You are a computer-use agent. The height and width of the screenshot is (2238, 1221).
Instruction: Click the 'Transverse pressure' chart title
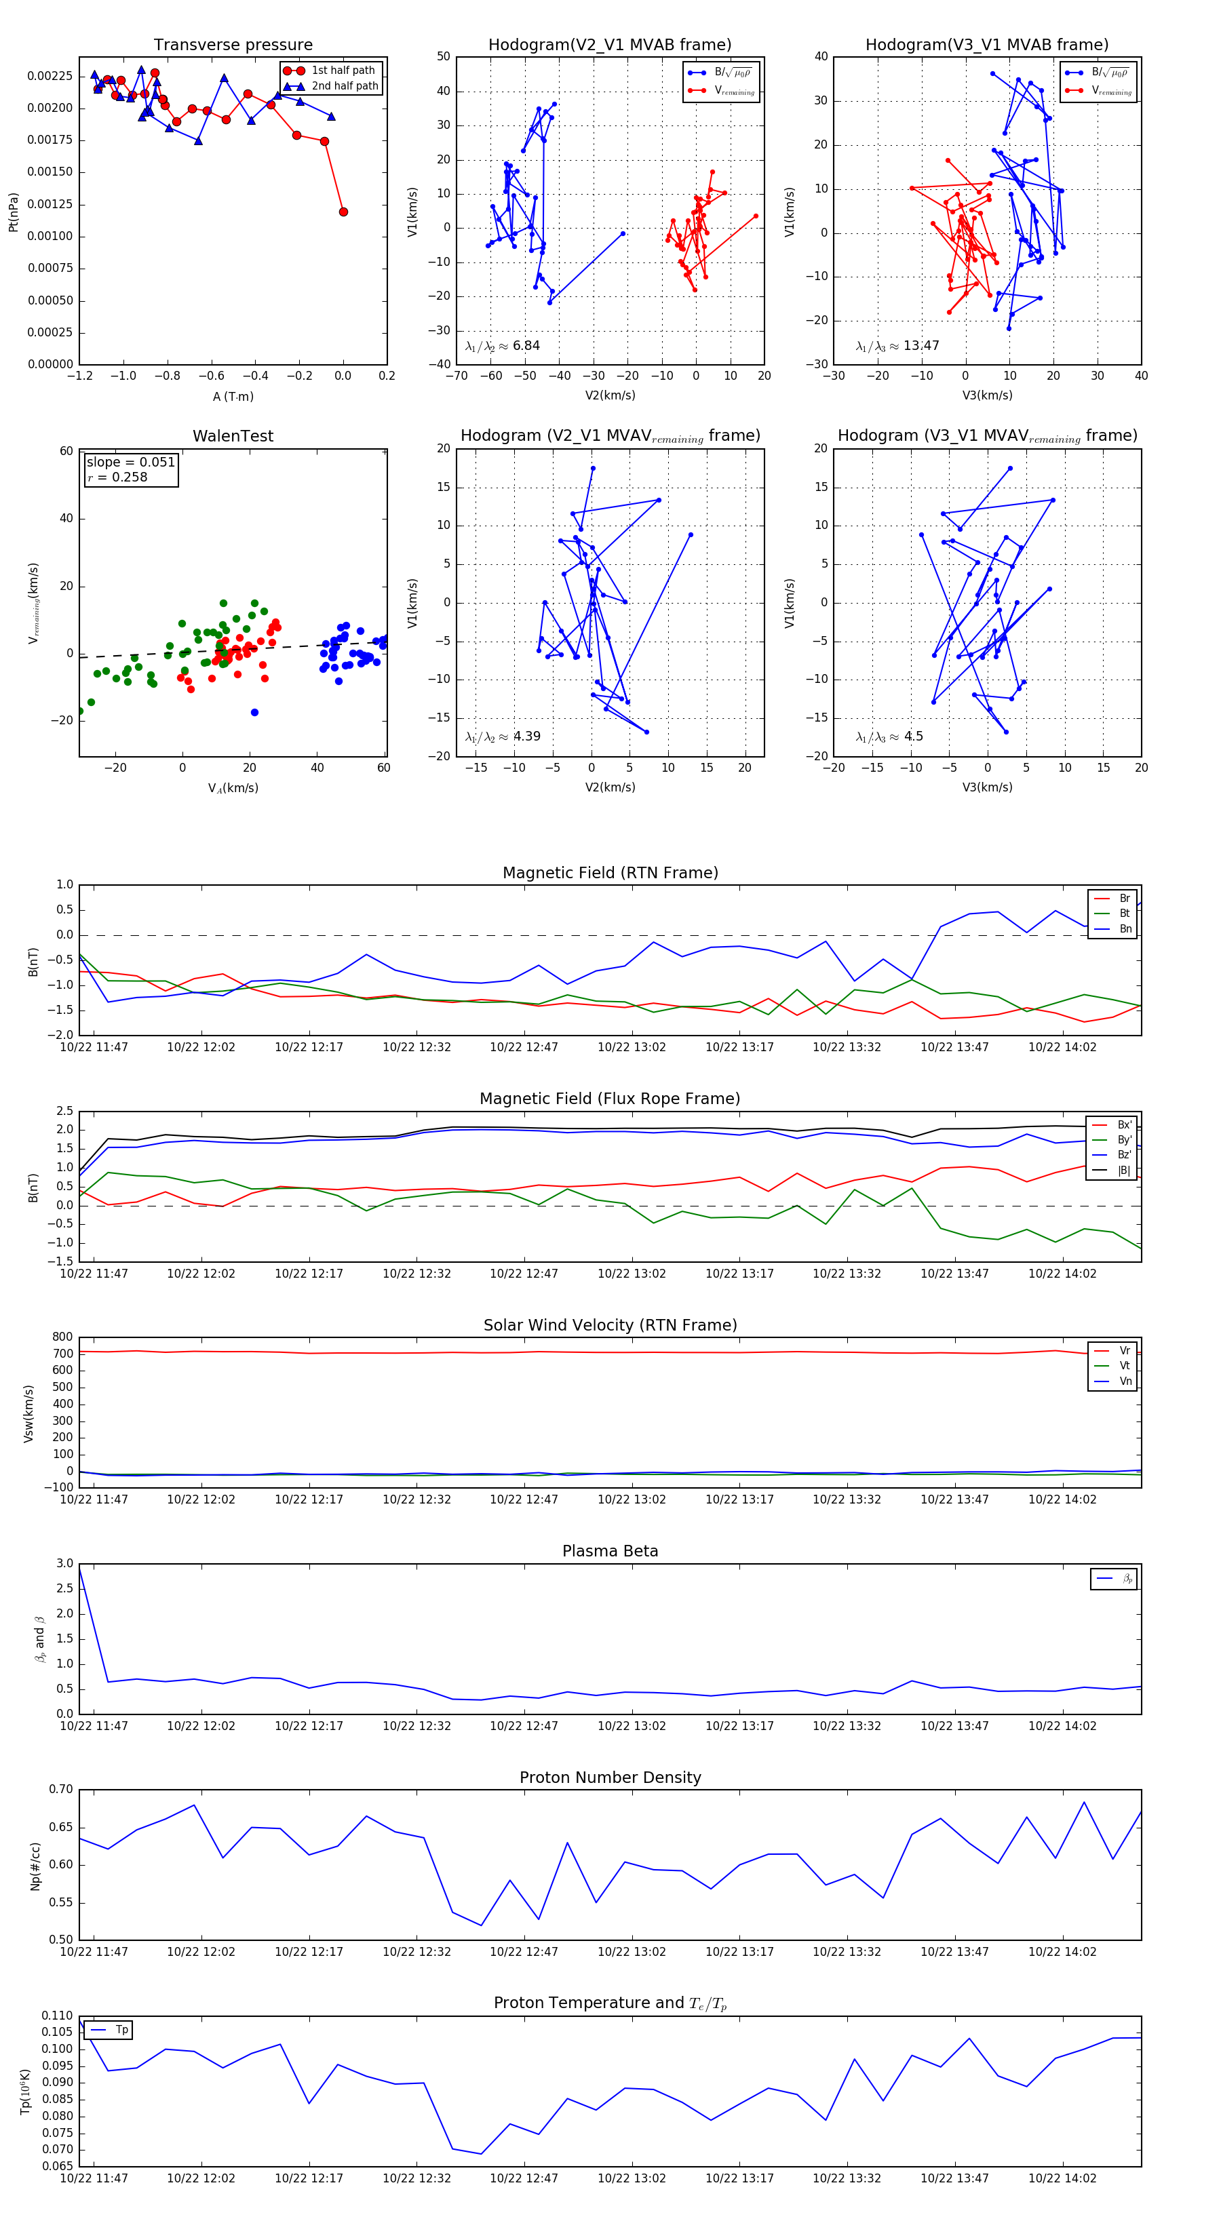233,45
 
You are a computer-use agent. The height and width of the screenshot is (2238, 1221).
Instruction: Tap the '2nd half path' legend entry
344,86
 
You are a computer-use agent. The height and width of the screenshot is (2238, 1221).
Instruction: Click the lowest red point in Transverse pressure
343,212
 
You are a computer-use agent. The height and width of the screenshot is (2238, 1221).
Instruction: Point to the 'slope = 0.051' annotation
130,463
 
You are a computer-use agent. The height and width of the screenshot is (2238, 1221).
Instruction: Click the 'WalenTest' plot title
233,436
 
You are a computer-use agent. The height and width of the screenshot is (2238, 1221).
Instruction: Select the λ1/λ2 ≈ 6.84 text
502,346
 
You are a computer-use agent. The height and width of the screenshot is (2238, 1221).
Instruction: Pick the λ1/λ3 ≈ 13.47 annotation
897,346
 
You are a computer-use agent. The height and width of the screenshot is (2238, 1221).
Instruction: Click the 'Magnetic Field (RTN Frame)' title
610,873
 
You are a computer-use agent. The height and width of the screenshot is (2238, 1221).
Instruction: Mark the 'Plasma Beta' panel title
610,1552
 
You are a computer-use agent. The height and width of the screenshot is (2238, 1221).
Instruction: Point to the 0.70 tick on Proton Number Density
61,1790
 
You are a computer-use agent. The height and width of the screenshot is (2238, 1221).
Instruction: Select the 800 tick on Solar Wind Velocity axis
62,1337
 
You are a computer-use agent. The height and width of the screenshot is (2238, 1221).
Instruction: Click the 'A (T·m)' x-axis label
233,397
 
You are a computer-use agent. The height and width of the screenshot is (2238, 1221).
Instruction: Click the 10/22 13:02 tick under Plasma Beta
631,1726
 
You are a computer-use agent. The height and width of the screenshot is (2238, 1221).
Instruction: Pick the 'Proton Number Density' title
610,1778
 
